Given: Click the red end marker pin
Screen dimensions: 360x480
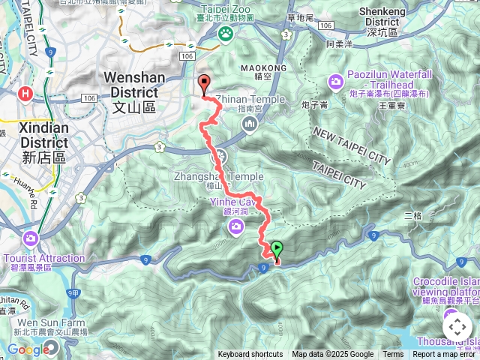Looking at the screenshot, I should click(203, 85).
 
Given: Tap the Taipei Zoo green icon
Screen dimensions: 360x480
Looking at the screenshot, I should click(225, 33).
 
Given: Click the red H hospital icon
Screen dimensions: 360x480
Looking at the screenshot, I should click(27, 93).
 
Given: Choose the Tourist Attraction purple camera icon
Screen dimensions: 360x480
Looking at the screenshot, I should click(31, 238).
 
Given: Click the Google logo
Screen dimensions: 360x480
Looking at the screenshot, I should click(28, 349).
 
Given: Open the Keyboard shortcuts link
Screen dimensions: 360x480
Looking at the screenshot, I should click(250, 355).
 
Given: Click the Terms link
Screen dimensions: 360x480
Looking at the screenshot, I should click(393, 355).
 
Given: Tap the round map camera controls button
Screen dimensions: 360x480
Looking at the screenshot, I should click(457, 327).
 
